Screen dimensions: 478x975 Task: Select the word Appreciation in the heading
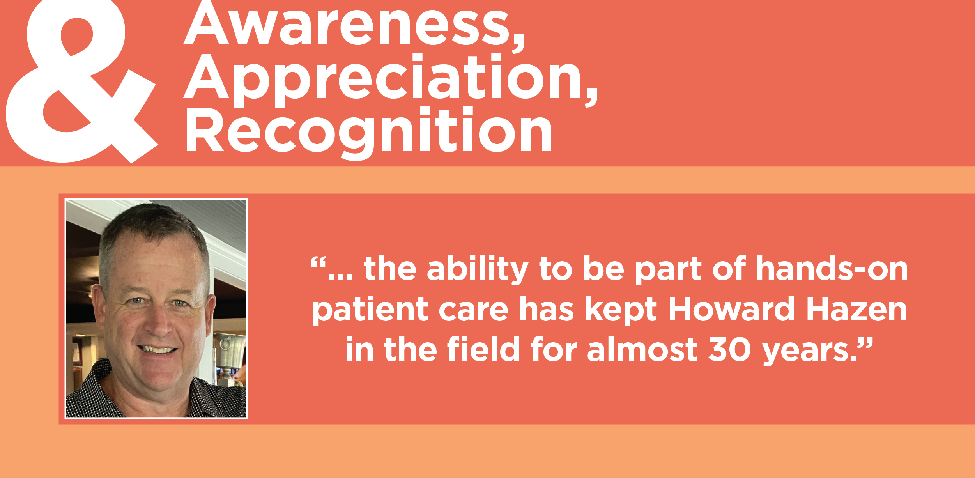pyautogui.click(x=390, y=78)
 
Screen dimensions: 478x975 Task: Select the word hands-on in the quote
pyautogui.click(x=832, y=269)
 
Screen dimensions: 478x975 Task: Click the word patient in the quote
pyautogui.click(x=370, y=310)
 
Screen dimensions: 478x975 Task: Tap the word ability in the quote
pyautogui.click(x=478, y=269)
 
